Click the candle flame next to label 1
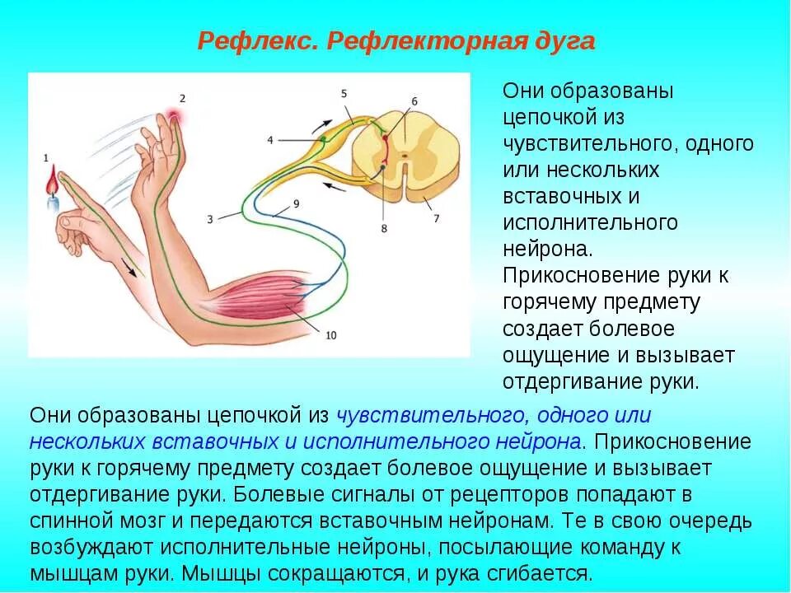(x=54, y=179)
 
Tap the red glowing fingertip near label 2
(x=174, y=116)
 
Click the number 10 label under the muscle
(x=331, y=335)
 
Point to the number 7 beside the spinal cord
(x=437, y=218)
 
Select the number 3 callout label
(x=210, y=218)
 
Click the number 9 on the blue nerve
(x=296, y=203)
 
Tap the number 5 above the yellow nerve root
(x=344, y=94)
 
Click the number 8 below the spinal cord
(x=384, y=228)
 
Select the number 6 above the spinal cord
(x=414, y=100)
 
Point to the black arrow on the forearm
(x=129, y=267)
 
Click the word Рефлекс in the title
(x=258, y=41)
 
